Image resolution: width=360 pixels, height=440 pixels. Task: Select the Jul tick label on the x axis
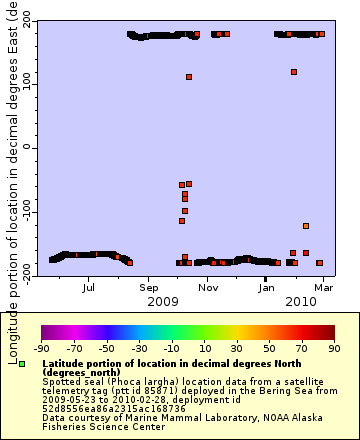(x=90, y=287)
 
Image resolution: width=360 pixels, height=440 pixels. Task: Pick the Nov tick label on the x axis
(x=208, y=287)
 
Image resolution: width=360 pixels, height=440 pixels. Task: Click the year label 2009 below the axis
(x=162, y=301)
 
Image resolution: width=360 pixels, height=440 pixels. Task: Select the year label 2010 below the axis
(x=301, y=301)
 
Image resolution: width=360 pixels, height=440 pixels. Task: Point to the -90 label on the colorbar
(x=41, y=348)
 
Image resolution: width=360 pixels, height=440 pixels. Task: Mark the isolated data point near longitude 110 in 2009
(x=189, y=77)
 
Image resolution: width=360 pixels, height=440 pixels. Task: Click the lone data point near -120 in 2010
(x=306, y=226)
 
